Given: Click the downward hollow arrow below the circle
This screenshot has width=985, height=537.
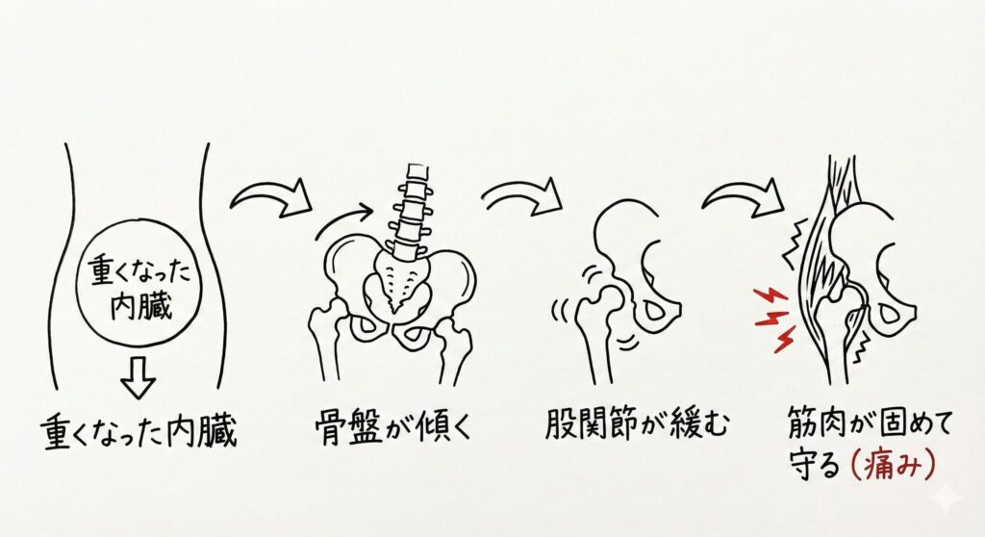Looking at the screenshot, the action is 139,378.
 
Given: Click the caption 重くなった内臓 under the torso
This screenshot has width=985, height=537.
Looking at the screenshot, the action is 140,431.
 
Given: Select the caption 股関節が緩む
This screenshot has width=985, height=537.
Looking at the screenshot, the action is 637,424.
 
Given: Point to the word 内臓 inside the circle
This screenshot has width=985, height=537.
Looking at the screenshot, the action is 140,306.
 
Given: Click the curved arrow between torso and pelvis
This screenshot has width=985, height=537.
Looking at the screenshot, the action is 271,197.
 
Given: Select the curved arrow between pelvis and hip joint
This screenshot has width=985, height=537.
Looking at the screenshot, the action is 522,193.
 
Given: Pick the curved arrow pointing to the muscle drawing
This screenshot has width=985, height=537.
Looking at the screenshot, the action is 742,194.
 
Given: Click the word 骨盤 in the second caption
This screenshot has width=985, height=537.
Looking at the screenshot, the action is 348,427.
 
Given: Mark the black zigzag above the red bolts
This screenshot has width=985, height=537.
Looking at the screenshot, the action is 793,243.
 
